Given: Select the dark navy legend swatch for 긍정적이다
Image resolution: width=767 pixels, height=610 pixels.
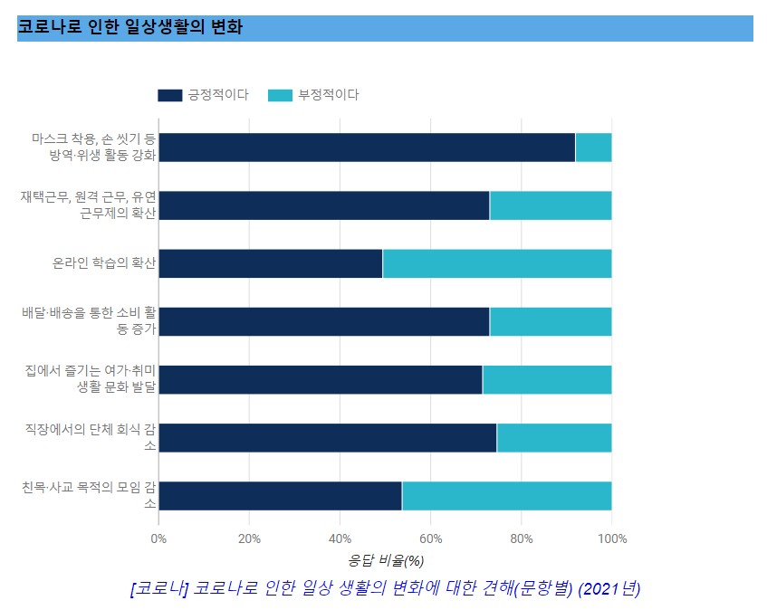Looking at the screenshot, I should (x=169, y=95).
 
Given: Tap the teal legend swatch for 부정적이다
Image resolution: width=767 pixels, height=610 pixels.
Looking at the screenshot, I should (x=281, y=95).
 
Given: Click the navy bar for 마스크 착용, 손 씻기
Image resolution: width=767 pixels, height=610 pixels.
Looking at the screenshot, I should (x=367, y=148).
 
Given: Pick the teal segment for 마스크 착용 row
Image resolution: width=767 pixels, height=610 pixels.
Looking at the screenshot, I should (x=593, y=148).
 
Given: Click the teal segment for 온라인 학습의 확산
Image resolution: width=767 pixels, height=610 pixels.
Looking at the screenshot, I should (x=497, y=263).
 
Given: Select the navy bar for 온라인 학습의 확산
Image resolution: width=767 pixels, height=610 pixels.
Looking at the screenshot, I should (x=271, y=263).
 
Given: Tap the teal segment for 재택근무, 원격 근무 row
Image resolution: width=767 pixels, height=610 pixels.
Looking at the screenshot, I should (x=551, y=205).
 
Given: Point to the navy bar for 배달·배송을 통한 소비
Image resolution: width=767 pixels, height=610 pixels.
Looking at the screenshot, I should (x=324, y=321).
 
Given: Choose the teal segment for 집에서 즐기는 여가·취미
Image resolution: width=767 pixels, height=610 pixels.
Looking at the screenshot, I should (x=547, y=379).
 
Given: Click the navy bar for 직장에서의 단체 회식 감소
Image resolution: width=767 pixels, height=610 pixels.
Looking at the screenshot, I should (x=328, y=437).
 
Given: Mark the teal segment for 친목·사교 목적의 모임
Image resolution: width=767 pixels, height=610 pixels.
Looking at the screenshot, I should (x=507, y=495).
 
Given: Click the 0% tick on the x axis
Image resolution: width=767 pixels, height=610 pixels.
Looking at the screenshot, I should (x=158, y=539).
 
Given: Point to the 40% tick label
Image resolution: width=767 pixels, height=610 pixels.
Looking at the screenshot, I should (x=340, y=539).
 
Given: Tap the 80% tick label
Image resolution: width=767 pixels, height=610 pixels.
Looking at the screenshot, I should (x=521, y=539).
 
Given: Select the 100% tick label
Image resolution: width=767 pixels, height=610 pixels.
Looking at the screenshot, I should (x=612, y=539).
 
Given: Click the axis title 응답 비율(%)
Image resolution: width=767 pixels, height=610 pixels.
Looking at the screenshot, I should (x=386, y=561).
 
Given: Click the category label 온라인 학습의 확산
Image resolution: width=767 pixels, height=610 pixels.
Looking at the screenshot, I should (x=103, y=264).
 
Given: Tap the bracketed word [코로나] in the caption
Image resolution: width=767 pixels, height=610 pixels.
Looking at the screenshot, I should (x=159, y=588).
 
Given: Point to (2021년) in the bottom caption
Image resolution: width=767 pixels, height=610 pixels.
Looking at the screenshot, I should (x=610, y=588).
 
